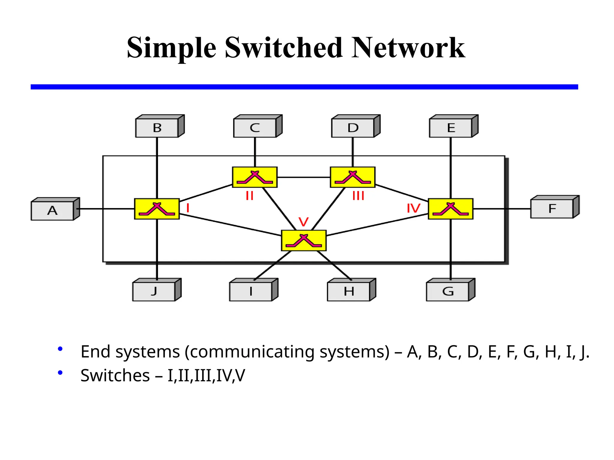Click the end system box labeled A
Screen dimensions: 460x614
(52, 211)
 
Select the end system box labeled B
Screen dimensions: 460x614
(157, 128)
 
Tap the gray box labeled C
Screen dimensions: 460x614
(255, 128)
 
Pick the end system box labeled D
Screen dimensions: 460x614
(353, 128)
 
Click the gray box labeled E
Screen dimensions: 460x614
(451, 128)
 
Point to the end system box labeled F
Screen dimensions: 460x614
(552, 209)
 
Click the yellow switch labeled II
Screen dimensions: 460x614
(255, 177)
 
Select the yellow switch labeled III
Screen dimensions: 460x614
(353, 177)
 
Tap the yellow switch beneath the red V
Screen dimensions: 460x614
(304, 240)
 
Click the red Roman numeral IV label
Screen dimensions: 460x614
(413, 208)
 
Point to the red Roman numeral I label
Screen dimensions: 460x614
(188, 208)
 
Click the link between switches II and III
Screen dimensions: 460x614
(304, 177)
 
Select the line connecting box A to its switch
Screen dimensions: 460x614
(105, 209)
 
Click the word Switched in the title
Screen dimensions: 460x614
(283, 48)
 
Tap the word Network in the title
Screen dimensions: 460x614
(408, 48)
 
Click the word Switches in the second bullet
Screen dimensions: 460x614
(115, 376)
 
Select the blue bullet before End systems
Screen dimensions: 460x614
(60, 349)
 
